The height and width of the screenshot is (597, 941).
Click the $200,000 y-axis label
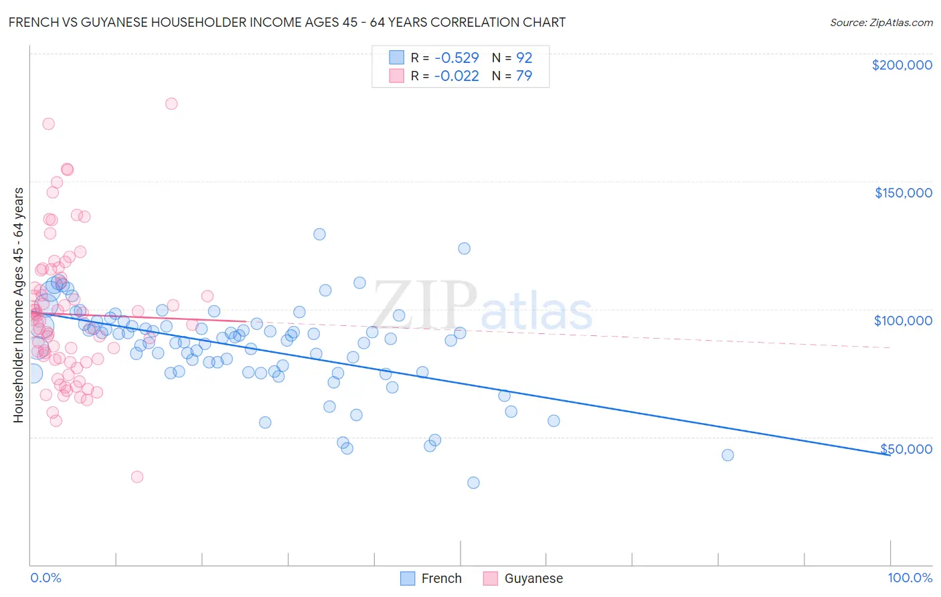[x=902, y=65]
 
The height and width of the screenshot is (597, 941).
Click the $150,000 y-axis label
[x=903, y=193]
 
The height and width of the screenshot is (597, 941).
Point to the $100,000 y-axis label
[x=903, y=321]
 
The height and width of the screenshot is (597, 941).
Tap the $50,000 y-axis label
[x=906, y=449]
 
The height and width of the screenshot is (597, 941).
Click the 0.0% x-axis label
[x=46, y=578]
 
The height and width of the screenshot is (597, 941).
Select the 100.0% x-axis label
[x=910, y=578]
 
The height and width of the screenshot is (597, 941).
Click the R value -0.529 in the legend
[x=456, y=58]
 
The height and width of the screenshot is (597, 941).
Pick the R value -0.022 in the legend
[x=456, y=76]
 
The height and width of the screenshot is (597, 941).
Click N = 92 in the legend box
[x=512, y=58]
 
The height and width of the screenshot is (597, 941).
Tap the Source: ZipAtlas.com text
[x=881, y=23]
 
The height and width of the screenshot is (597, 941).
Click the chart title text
[x=286, y=23]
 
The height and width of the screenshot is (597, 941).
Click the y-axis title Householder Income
[x=18, y=305]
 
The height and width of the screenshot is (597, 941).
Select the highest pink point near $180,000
[x=171, y=104]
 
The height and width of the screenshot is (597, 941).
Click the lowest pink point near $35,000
[x=137, y=477]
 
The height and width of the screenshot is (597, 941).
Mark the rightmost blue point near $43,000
[x=728, y=455]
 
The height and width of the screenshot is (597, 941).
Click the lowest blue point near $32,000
[x=473, y=483]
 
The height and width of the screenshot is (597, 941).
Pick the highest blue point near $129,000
[x=319, y=234]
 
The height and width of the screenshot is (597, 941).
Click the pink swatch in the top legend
[x=396, y=76]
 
